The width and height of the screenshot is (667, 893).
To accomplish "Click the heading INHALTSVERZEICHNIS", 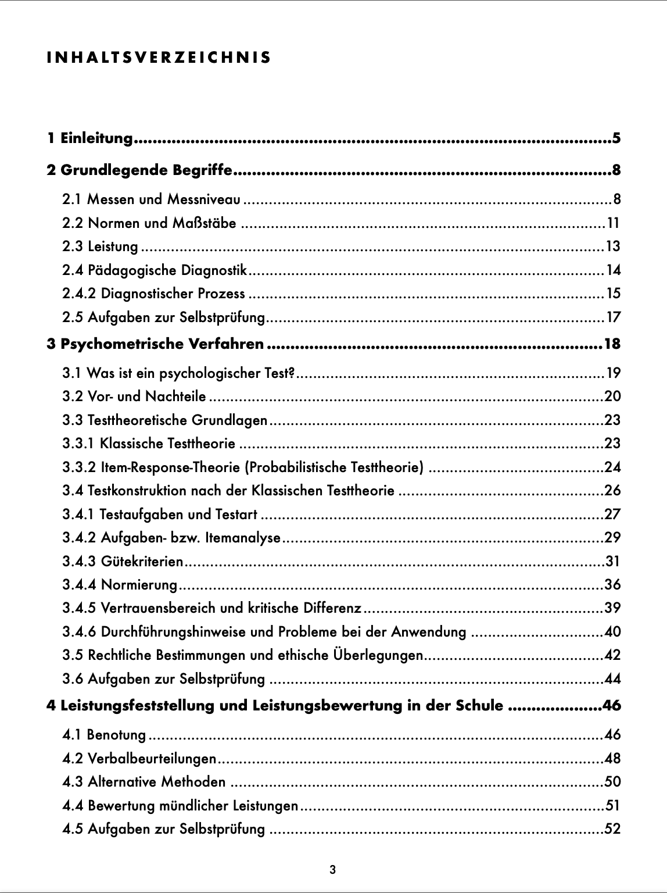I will tap(158, 58).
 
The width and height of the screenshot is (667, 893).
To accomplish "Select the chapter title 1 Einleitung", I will tap(90, 138).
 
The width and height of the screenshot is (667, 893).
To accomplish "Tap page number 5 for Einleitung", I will tap(616, 138).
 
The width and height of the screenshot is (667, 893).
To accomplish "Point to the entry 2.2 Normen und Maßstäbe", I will tap(149, 223).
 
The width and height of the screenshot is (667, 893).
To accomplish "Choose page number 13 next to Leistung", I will tap(613, 247).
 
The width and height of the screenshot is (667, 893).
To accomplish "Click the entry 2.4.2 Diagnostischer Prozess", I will tap(154, 294).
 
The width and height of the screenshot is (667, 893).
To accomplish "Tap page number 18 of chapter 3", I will tap(612, 344).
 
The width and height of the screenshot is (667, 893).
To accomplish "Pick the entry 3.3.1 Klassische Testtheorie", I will tap(149, 444).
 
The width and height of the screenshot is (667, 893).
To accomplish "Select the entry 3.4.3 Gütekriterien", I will tap(123, 562).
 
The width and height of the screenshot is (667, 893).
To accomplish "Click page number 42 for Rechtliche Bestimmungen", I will tap(612, 656).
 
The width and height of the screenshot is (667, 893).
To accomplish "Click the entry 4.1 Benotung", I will tap(105, 735).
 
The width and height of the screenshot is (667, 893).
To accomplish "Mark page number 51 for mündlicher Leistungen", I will tap(612, 806).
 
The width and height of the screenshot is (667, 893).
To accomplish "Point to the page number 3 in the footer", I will tap(332, 870).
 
